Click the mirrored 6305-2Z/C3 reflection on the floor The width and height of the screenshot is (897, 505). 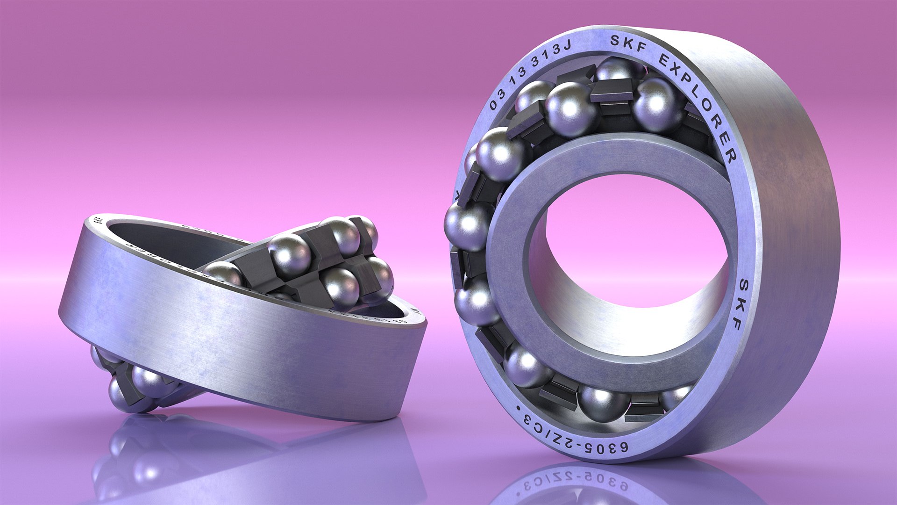coord(575,482)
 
